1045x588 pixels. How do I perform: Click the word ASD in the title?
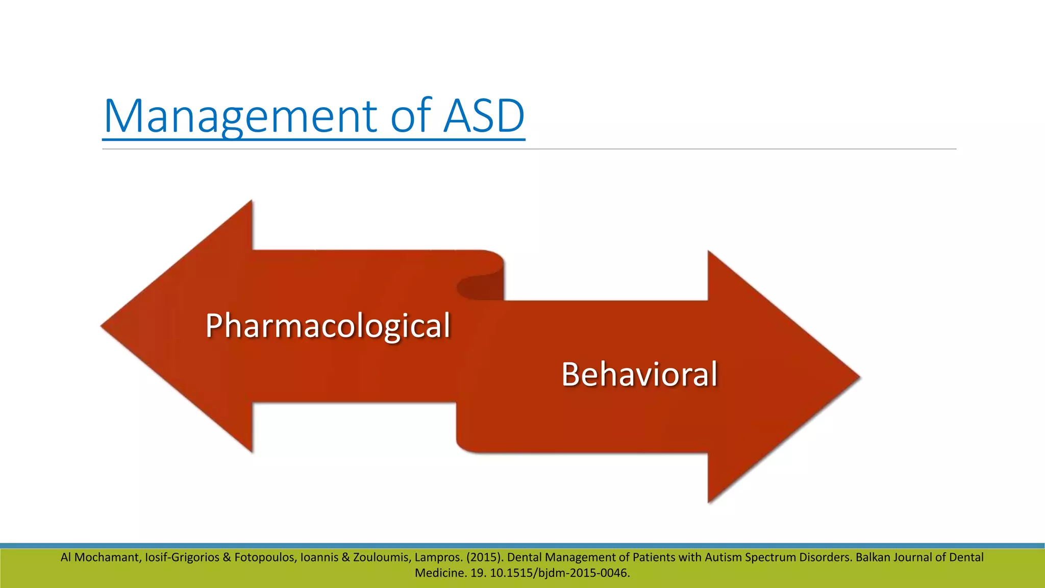coord(484,116)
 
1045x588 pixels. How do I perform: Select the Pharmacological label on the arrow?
coord(328,326)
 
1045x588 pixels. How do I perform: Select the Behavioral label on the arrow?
coord(639,374)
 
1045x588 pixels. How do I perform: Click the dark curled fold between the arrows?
coord(480,287)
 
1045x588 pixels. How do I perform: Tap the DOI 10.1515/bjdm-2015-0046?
coord(560,573)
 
